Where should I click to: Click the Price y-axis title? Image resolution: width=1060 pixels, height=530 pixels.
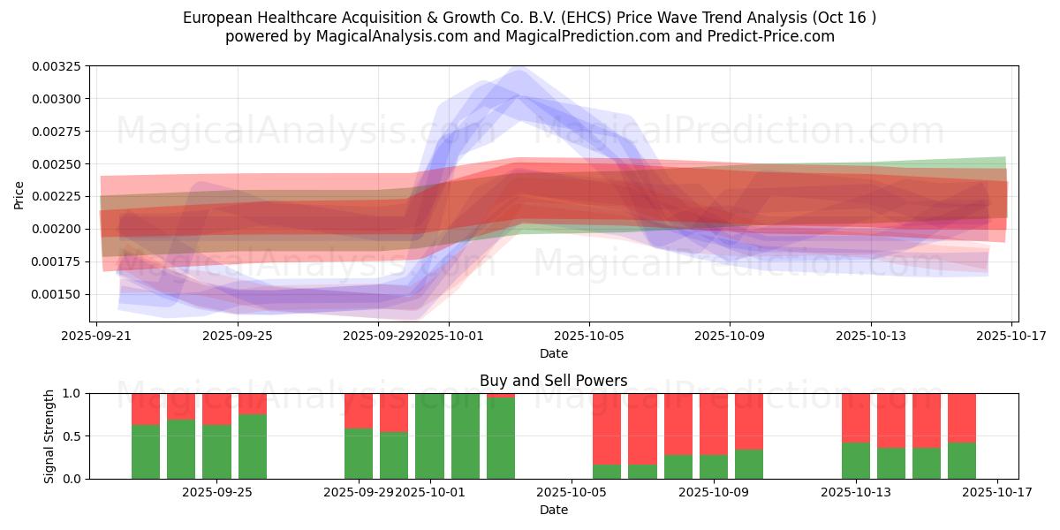point(19,194)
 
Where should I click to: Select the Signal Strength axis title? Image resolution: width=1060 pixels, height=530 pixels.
point(49,435)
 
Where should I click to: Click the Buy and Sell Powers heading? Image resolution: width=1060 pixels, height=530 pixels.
point(554,381)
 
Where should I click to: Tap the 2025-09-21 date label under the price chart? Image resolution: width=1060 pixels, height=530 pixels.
point(96,336)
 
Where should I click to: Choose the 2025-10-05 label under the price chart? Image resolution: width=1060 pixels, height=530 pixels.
point(589,336)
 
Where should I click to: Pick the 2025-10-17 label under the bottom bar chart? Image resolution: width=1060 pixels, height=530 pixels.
point(997,492)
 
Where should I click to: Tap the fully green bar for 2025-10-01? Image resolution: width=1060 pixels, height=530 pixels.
point(429,436)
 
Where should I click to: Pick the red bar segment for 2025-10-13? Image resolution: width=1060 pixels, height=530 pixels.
point(855,418)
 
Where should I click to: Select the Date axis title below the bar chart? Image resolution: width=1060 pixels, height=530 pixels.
point(554,510)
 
